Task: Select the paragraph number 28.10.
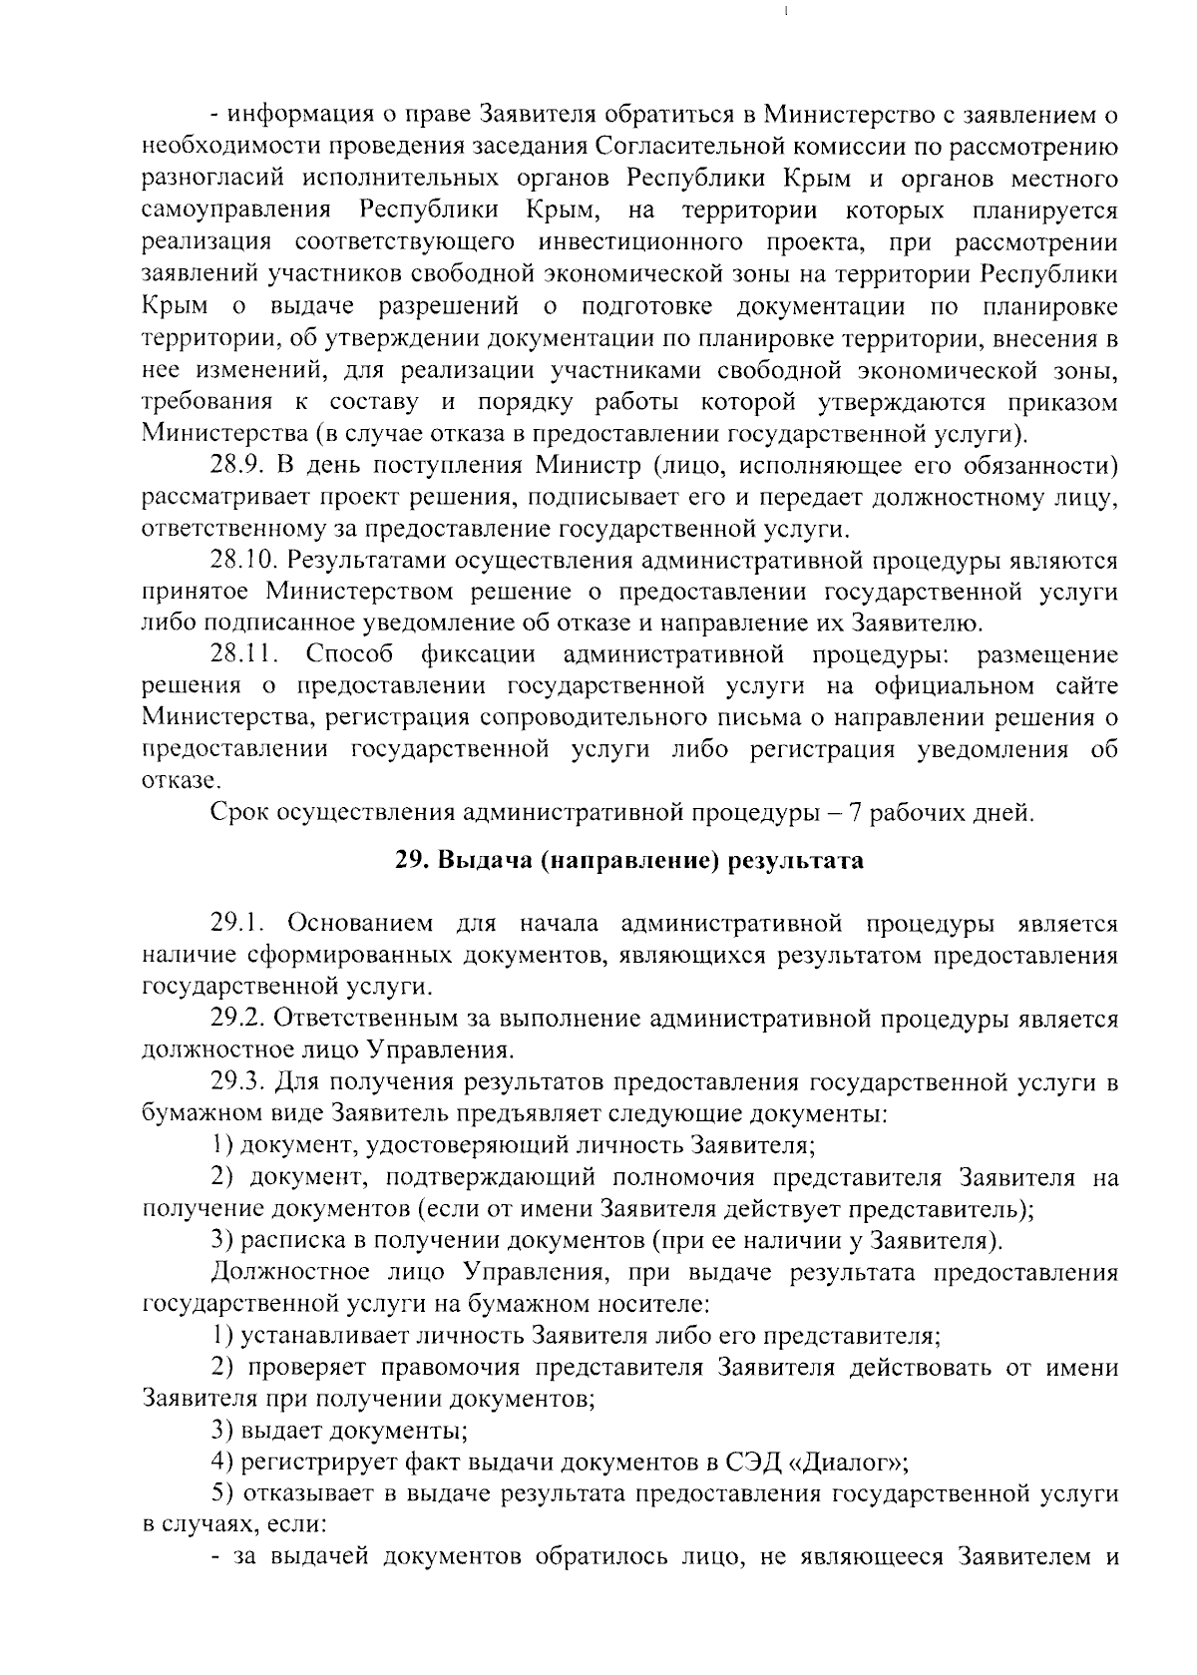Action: tap(243, 561)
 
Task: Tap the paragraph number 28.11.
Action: tap(243, 655)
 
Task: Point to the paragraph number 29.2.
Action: tap(235, 1019)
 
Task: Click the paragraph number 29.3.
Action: tap(235, 1081)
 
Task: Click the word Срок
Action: tap(235, 813)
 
